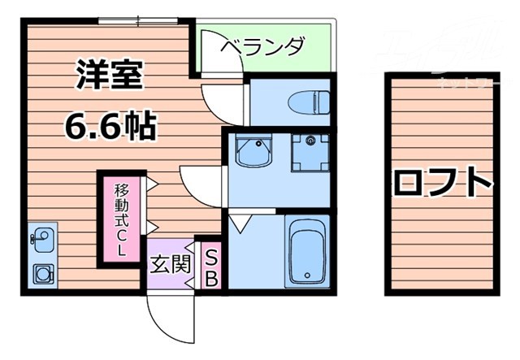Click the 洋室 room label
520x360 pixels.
tap(110, 75)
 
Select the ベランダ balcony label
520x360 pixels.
tap(263, 46)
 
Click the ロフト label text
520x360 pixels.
tap(444, 182)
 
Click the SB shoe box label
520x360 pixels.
tap(210, 268)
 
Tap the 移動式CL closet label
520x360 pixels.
tap(122, 219)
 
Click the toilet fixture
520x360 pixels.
tap(309, 102)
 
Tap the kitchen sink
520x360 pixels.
tap(41, 241)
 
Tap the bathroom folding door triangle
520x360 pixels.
tap(240, 220)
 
